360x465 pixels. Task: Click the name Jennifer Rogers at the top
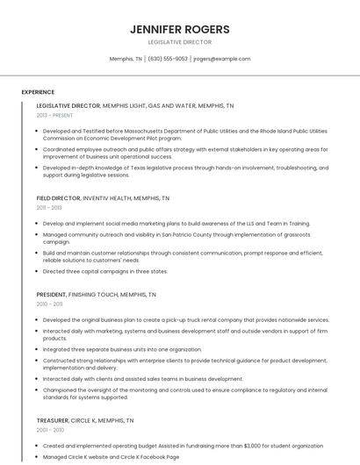pyautogui.click(x=179, y=29)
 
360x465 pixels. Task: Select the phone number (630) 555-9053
pyautogui.click(x=168, y=59)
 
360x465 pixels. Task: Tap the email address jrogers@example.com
pyautogui.click(x=222, y=59)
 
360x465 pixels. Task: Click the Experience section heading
pyautogui.click(x=38, y=92)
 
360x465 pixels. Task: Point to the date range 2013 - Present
pyautogui.click(x=54, y=115)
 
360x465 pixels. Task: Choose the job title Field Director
pyautogui.click(x=58, y=198)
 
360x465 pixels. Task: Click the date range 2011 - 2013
pyautogui.click(x=49, y=208)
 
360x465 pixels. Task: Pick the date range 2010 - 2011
pyautogui.click(x=49, y=304)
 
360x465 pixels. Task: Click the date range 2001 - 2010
pyautogui.click(x=50, y=430)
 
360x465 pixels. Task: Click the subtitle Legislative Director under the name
pyautogui.click(x=179, y=42)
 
